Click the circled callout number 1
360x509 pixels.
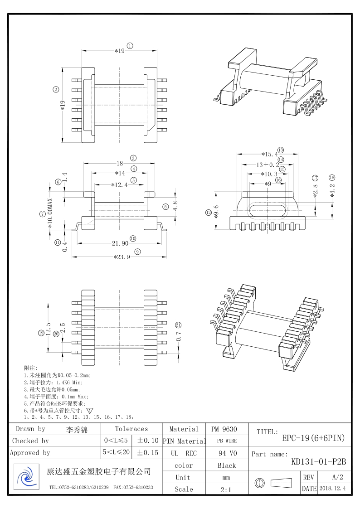point(130,45)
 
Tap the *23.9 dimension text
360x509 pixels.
point(122,257)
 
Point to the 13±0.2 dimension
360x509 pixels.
point(268,165)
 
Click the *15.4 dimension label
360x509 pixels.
point(269,155)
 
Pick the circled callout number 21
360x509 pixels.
point(178,325)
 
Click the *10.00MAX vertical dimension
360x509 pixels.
point(50,213)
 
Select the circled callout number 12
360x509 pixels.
point(209,212)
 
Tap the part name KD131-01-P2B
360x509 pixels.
point(318,462)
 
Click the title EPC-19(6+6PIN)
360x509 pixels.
point(313,438)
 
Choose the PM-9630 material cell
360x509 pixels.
point(224,429)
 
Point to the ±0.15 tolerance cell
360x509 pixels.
point(148,452)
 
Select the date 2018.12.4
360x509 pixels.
point(332,489)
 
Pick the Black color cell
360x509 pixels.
point(227,465)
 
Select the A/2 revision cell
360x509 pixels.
point(337,477)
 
